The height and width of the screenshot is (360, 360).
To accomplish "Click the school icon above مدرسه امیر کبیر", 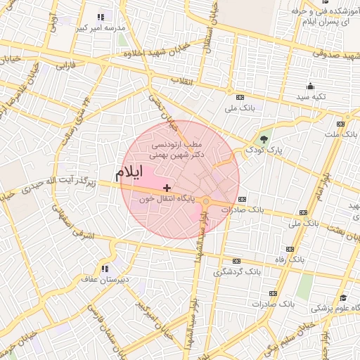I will (100, 16).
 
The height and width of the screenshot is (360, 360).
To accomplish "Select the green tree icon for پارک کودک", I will (264, 139).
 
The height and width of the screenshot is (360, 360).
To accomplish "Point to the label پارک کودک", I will (264, 150).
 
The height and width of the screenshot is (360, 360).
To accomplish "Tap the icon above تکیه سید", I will (310, 85).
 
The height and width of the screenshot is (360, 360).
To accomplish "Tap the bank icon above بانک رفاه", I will (289, 248).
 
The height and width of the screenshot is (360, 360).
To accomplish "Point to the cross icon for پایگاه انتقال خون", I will (167, 188).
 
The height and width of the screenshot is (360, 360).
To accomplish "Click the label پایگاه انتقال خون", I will (167, 199).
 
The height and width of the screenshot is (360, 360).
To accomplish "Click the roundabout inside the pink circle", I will (206, 202).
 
